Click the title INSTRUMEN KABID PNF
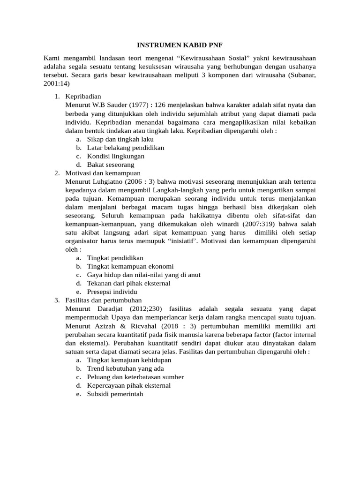coord(180,45)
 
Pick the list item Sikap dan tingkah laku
coord(120,139)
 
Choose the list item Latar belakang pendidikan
coord(125,148)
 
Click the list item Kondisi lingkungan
coord(115,156)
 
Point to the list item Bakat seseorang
coord(111,165)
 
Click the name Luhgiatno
coord(110,181)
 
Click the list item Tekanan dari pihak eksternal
coord(128,283)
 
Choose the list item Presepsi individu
coord(112,292)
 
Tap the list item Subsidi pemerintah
coord(115,394)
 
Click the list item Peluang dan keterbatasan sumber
coord(135,377)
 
